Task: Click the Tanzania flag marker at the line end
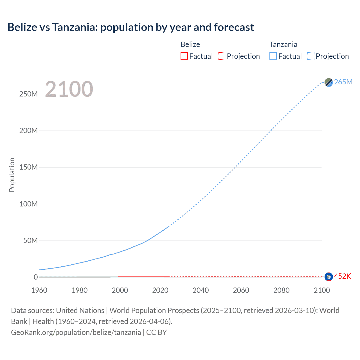[x=328, y=82]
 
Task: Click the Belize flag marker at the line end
[x=328, y=277]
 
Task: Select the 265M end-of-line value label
[x=343, y=82]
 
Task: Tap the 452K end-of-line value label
[x=342, y=276]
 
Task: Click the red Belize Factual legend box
[x=184, y=56]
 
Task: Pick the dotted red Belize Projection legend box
[x=222, y=56]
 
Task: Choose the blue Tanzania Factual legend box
[x=273, y=56]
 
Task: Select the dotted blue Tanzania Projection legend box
[x=310, y=56]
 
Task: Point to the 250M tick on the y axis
[x=28, y=94]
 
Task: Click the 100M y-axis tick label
[x=28, y=204]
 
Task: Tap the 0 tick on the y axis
[x=35, y=277]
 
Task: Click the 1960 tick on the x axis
[x=39, y=290]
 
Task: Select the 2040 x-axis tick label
[x=201, y=290]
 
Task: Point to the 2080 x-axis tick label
[x=281, y=290]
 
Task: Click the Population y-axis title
[x=12, y=175]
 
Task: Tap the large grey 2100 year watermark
[x=69, y=89]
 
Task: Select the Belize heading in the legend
[x=190, y=44]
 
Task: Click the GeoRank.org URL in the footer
[x=76, y=332]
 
